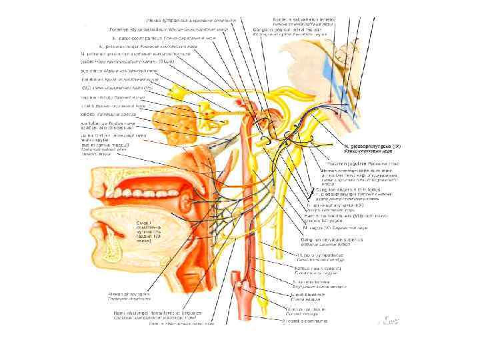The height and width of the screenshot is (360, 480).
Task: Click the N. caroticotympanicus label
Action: (134, 37)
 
